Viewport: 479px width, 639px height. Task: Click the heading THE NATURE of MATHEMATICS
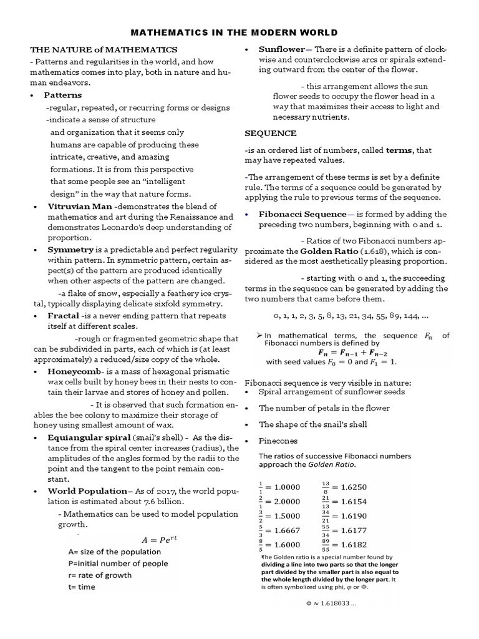104,49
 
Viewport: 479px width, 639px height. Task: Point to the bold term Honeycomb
70,371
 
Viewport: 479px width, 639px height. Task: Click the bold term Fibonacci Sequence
302,214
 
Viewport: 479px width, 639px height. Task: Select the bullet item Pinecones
279,441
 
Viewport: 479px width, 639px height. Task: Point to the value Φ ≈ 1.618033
331,604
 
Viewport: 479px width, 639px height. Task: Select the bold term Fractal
65,316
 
